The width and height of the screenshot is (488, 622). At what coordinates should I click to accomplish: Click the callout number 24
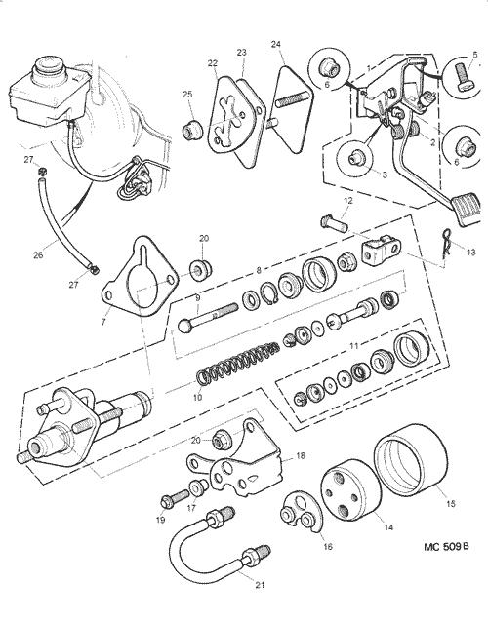coord(276,44)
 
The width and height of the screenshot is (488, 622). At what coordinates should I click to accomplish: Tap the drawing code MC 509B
coord(446,547)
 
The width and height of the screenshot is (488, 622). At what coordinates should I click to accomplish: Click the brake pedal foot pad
coord(468,209)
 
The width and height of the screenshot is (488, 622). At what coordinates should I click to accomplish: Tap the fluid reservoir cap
coord(50,70)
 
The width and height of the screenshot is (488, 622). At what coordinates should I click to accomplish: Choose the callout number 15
coord(450,504)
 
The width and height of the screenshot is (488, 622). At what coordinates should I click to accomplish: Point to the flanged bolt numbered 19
coord(175,499)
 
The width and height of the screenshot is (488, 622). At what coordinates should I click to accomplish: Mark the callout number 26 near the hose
coord(38,255)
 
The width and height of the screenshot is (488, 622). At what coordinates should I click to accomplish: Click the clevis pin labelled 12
coord(335,223)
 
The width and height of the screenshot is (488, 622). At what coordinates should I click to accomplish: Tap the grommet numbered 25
coord(192,130)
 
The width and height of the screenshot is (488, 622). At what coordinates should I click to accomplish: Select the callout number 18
coord(301,456)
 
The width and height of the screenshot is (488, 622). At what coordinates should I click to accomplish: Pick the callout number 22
coord(213,63)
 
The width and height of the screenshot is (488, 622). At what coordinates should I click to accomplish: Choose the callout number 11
coord(353,346)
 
